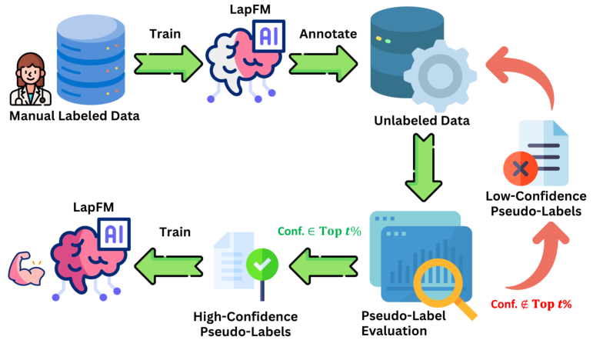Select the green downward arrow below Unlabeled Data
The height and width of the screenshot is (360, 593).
[x=422, y=166]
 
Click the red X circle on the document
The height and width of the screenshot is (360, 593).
[x=521, y=168]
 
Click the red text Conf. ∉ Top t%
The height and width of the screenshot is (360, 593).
[x=531, y=304]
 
